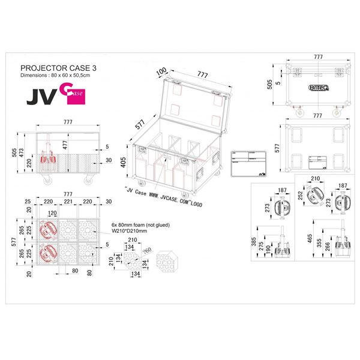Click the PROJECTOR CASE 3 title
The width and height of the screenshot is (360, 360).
58,68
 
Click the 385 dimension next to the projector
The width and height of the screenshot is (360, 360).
255,242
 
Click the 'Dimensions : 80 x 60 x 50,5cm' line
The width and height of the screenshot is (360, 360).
56,76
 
